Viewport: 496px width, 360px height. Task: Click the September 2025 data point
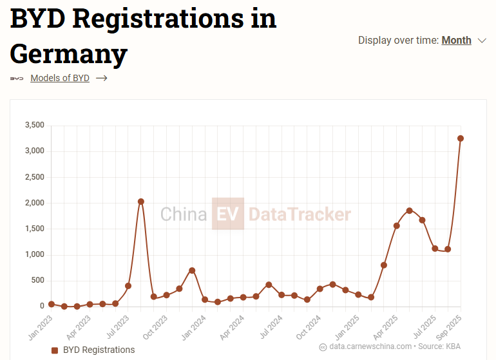point(461,138)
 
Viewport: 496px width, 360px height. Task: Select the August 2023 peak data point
point(141,202)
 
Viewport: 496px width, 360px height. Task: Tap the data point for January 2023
point(52,304)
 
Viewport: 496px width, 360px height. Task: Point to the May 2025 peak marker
point(410,211)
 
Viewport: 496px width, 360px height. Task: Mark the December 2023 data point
point(192,270)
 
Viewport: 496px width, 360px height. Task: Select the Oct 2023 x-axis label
point(157,327)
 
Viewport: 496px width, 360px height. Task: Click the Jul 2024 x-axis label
point(272,327)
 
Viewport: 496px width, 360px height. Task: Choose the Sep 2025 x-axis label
point(451,327)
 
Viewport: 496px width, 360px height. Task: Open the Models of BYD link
point(60,79)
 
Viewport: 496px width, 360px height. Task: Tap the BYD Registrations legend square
point(55,350)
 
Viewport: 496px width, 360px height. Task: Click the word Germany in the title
point(69,53)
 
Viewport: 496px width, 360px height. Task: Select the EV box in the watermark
point(228,214)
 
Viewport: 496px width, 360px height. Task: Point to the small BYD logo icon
point(17,79)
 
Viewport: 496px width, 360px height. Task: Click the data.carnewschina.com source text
point(370,346)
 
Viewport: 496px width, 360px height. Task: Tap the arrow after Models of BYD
point(101,79)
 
